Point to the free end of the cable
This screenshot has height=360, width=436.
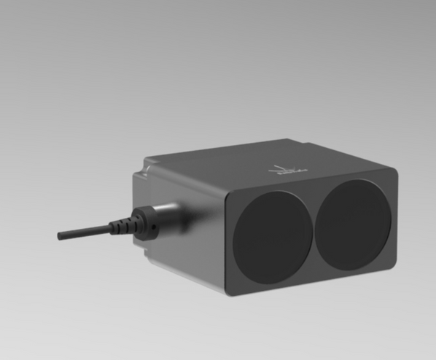(60, 235)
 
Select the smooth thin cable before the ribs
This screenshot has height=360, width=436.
(84, 232)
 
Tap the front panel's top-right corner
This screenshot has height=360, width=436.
(394, 171)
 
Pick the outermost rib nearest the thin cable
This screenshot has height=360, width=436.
(109, 228)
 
